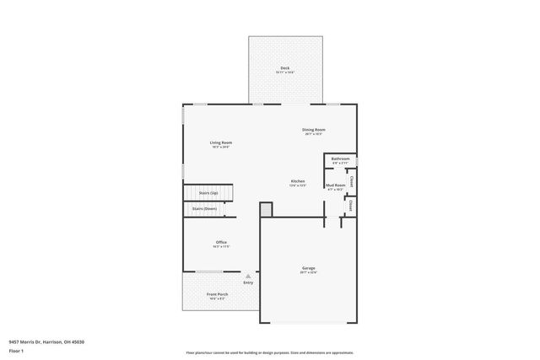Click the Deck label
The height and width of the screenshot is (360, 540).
pos(284,67)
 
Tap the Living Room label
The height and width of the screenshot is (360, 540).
pos(221,142)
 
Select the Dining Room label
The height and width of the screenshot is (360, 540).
pos(314,130)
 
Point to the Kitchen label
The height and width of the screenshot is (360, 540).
pos(298,181)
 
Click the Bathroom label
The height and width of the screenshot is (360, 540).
pos(340,159)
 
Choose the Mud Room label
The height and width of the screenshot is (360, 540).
pos(335,185)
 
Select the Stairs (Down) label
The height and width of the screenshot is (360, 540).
pos(203,207)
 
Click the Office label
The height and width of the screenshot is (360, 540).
pos(221,242)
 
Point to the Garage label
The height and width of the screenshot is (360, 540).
pos(309,268)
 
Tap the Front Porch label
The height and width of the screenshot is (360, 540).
pos(217,294)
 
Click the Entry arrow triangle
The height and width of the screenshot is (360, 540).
pos(248,276)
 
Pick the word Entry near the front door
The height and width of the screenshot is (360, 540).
pos(248,282)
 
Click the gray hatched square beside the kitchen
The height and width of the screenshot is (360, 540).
pos(266,207)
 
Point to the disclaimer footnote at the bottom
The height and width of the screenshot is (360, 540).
pos(270,352)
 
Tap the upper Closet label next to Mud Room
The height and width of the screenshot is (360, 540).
pos(351,180)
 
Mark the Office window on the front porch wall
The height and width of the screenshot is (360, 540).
pos(210,271)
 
